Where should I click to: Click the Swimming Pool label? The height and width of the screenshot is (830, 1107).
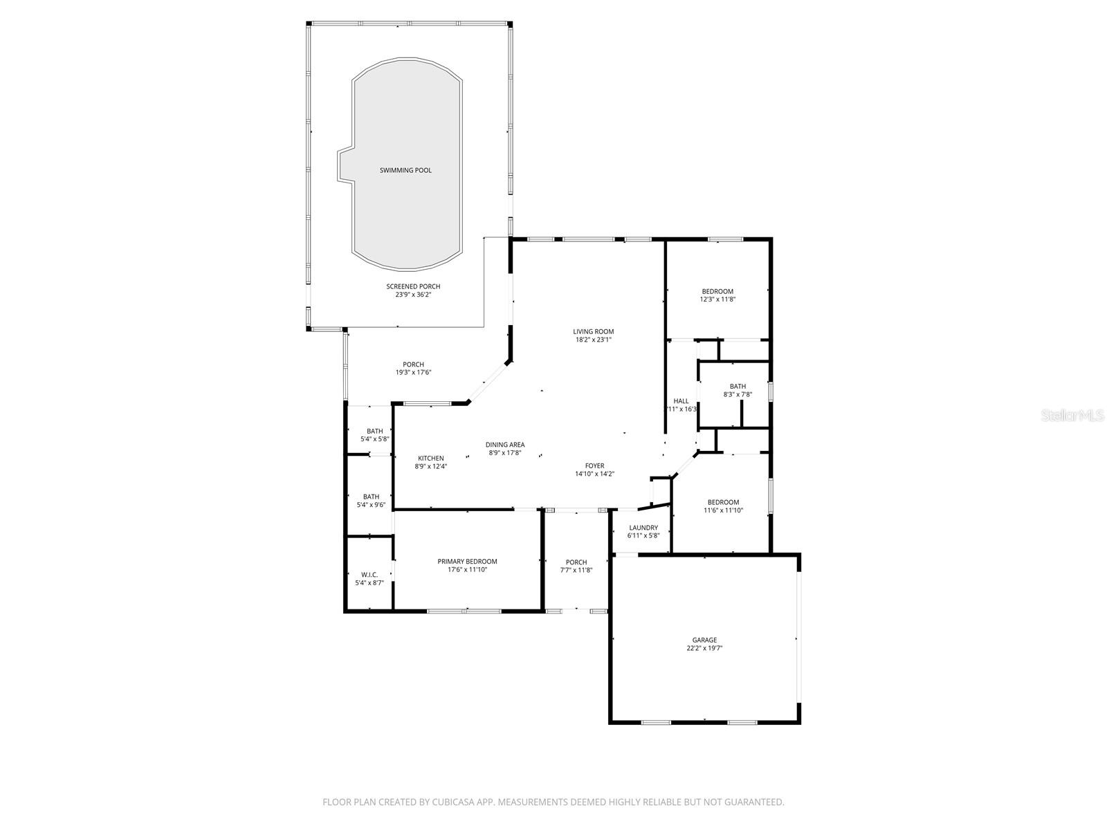pyautogui.click(x=405, y=170)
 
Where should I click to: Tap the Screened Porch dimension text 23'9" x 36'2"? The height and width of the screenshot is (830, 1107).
pyautogui.click(x=413, y=295)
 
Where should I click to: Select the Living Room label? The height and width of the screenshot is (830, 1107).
pyautogui.click(x=593, y=331)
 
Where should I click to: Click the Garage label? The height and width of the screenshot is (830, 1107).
pyautogui.click(x=704, y=640)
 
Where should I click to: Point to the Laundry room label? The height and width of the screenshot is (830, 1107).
pyautogui.click(x=643, y=528)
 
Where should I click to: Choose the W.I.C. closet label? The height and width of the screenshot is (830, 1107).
pyautogui.click(x=369, y=574)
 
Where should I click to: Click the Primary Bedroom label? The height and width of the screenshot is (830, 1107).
pyautogui.click(x=467, y=562)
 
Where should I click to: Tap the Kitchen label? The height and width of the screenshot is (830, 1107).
pyautogui.click(x=430, y=458)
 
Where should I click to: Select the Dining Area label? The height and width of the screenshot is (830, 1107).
pyautogui.click(x=504, y=445)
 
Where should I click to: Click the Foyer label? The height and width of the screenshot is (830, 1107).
pyautogui.click(x=594, y=466)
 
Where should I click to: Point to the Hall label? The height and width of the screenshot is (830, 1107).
pyautogui.click(x=681, y=401)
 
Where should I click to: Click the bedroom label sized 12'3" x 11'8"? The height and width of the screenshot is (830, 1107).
pyautogui.click(x=717, y=291)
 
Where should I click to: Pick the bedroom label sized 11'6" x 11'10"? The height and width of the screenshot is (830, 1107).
pyautogui.click(x=722, y=502)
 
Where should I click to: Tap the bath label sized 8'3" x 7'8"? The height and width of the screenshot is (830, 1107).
pyautogui.click(x=738, y=387)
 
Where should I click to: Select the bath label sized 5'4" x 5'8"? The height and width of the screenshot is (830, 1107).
pyautogui.click(x=374, y=431)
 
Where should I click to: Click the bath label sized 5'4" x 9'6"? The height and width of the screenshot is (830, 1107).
pyautogui.click(x=371, y=497)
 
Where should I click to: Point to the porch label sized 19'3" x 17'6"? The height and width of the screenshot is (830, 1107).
pyautogui.click(x=413, y=365)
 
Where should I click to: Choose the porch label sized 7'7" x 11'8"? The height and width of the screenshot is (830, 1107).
pyautogui.click(x=576, y=562)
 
